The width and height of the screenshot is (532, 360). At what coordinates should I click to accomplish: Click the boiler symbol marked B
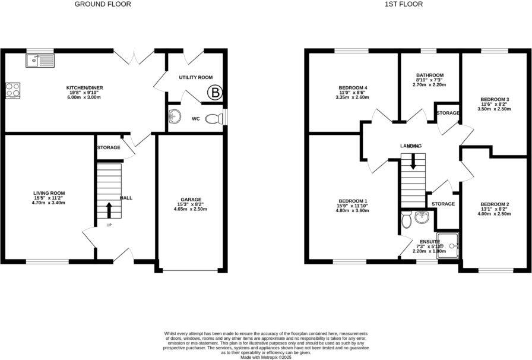213,92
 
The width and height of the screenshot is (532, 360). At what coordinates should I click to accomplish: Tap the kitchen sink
40,60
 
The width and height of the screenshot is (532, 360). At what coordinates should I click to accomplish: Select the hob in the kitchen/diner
12,90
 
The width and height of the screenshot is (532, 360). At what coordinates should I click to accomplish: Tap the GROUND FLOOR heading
103,4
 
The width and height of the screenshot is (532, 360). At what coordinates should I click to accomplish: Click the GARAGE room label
191,199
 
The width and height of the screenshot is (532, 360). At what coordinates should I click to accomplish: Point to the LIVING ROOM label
49,193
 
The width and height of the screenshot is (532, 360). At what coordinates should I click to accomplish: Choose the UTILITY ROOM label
196,78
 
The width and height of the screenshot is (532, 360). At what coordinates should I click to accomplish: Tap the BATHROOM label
430,75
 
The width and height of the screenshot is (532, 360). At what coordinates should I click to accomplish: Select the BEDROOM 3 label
495,99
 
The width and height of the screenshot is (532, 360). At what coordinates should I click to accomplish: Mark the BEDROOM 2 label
495,204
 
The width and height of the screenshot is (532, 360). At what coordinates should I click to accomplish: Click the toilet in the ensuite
407,220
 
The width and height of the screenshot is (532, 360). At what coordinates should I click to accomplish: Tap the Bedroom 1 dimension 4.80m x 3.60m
353,211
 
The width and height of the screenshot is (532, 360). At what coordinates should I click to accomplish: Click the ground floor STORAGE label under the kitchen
109,147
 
